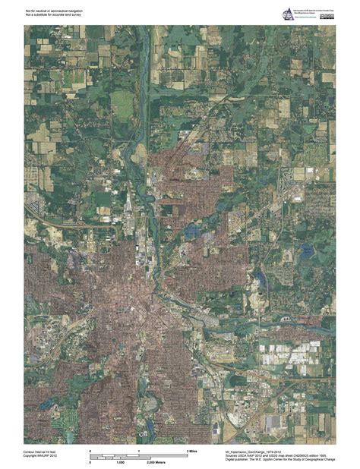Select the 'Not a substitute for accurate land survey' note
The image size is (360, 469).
pyautogui.click(x=51, y=15)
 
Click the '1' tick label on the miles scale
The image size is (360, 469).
pyautogui.click(x=138, y=452)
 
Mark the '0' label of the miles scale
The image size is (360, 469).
pyautogui.click(x=90, y=452)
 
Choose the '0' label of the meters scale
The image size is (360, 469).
pyautogui.click(x=90, y=461)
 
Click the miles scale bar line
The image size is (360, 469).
pyautogui.click(x=137, y=455)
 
